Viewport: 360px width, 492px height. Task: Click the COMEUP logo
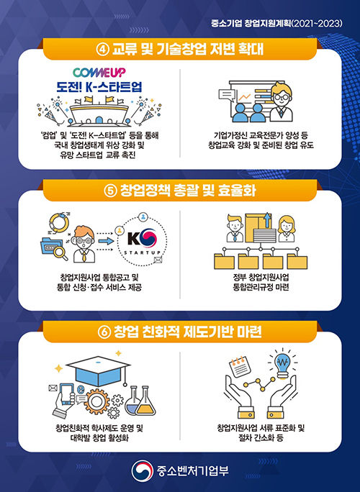coord(99,73)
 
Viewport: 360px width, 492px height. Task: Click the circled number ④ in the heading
coord(102,50)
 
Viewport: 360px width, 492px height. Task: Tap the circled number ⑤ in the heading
coord(110,191)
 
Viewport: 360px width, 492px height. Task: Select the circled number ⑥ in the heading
coord(104,332)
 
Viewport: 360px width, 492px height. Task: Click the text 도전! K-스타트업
coord(99,87)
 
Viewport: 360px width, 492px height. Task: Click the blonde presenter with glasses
coord(281,102)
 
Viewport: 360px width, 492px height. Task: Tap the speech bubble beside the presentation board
coord(227,95)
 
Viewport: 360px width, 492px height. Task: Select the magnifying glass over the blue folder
coord(60,253)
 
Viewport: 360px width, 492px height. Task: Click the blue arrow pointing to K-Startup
coord(106,241)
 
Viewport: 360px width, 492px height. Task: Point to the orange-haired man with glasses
coord(84,244)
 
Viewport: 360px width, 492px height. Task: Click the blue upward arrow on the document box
coord(267,220)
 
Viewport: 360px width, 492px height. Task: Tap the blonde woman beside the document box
coord(286,229)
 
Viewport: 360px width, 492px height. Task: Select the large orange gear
coord(96,401)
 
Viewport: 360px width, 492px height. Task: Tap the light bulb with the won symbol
coord(283,364)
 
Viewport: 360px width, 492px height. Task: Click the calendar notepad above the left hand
coord(240,366)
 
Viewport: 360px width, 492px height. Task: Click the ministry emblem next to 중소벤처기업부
coord(143,470)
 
